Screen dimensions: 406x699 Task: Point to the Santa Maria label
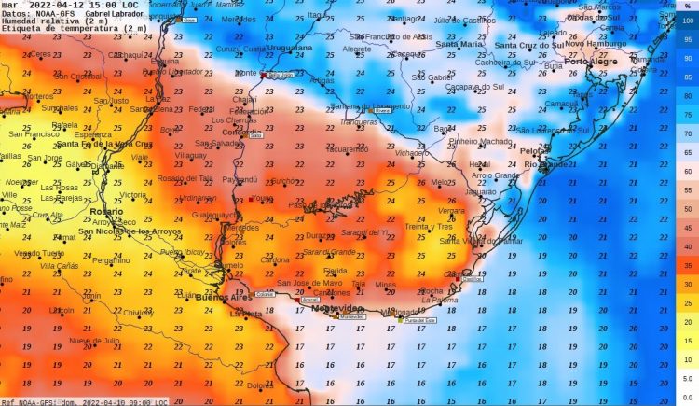[459, 44]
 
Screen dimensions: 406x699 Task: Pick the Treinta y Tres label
[429, 227]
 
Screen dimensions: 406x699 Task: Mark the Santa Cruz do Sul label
[529, 45]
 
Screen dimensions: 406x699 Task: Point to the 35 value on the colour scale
[687, 266]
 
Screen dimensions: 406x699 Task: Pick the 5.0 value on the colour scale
[687, 379]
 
